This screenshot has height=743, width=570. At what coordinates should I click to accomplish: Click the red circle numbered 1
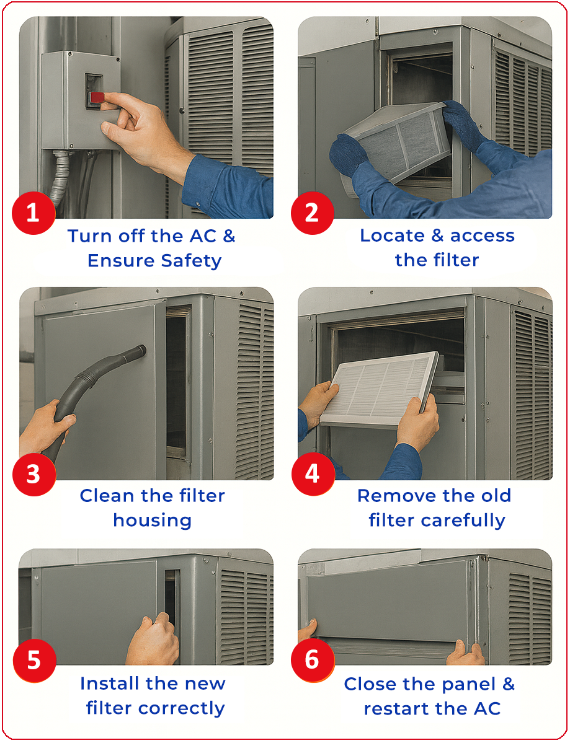tap(33, 212)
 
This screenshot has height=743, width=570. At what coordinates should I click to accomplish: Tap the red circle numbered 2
tap(311, 212)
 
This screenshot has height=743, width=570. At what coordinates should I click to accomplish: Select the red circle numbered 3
tap(33, 474)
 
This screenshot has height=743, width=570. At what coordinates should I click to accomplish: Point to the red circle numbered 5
tap(33, 660)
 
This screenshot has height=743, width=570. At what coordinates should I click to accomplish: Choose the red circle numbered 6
tap(311, 660)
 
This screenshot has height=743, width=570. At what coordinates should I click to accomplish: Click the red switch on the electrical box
tap(97, 99)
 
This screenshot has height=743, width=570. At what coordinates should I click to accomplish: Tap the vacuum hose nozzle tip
tap(141, 351)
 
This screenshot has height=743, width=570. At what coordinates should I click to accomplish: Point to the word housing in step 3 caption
tap(152, 521)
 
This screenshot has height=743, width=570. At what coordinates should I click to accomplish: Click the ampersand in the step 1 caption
tap(229, 236)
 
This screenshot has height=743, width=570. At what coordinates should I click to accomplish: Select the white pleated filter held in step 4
tap(380, 387)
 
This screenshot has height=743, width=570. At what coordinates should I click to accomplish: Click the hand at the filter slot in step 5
tap(153, 639)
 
